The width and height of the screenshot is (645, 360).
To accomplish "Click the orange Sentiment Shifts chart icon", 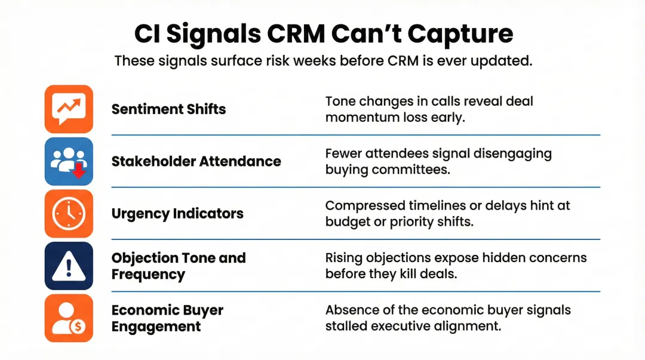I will click(69, 109).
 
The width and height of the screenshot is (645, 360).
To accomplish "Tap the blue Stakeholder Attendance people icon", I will click(69, 161).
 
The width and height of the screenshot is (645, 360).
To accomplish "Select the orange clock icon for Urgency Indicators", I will click(69, 214).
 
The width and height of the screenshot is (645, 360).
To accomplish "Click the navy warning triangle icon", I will click(69, 266).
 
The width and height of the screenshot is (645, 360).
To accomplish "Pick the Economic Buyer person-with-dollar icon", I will click(69, 318).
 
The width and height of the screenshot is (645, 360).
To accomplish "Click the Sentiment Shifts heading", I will click(168, 109).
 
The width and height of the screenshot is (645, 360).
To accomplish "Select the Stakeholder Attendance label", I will click(196, 161).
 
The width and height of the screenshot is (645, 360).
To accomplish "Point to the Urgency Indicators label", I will click(177, 214).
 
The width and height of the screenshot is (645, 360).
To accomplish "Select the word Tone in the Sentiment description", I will click(339, 101).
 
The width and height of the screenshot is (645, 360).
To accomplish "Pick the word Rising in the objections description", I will click(343, 258).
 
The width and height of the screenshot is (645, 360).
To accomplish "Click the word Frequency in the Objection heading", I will click(148, 275).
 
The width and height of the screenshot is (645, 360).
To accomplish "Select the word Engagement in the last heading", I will click(156, 327).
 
